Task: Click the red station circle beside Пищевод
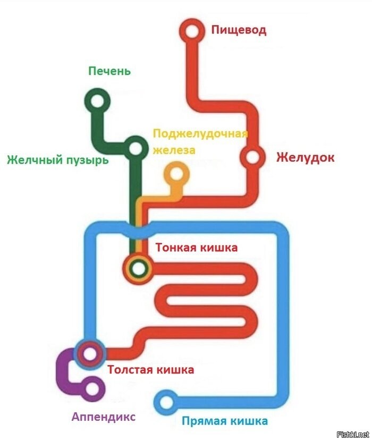click(x=192, y=31)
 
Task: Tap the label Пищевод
click(x=239, y=30)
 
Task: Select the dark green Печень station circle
click(x=98, y=101)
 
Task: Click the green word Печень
click(x=109, y=71)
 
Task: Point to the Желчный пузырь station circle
click(x=136, y=148)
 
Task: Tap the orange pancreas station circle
click(x=177, y=174)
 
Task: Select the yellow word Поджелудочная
click(x=200, y=133)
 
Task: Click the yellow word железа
click(x=174, y=150)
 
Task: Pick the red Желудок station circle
click(x=252, y=157)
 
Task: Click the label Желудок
click(x=306, y=157)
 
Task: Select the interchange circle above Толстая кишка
click(x=90, y=354)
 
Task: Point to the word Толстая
click(x=130, y=370)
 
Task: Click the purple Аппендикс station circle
click(x=92, y=389)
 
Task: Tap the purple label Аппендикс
click(x=104, y=417)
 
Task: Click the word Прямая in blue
click(x=204, y=421)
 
